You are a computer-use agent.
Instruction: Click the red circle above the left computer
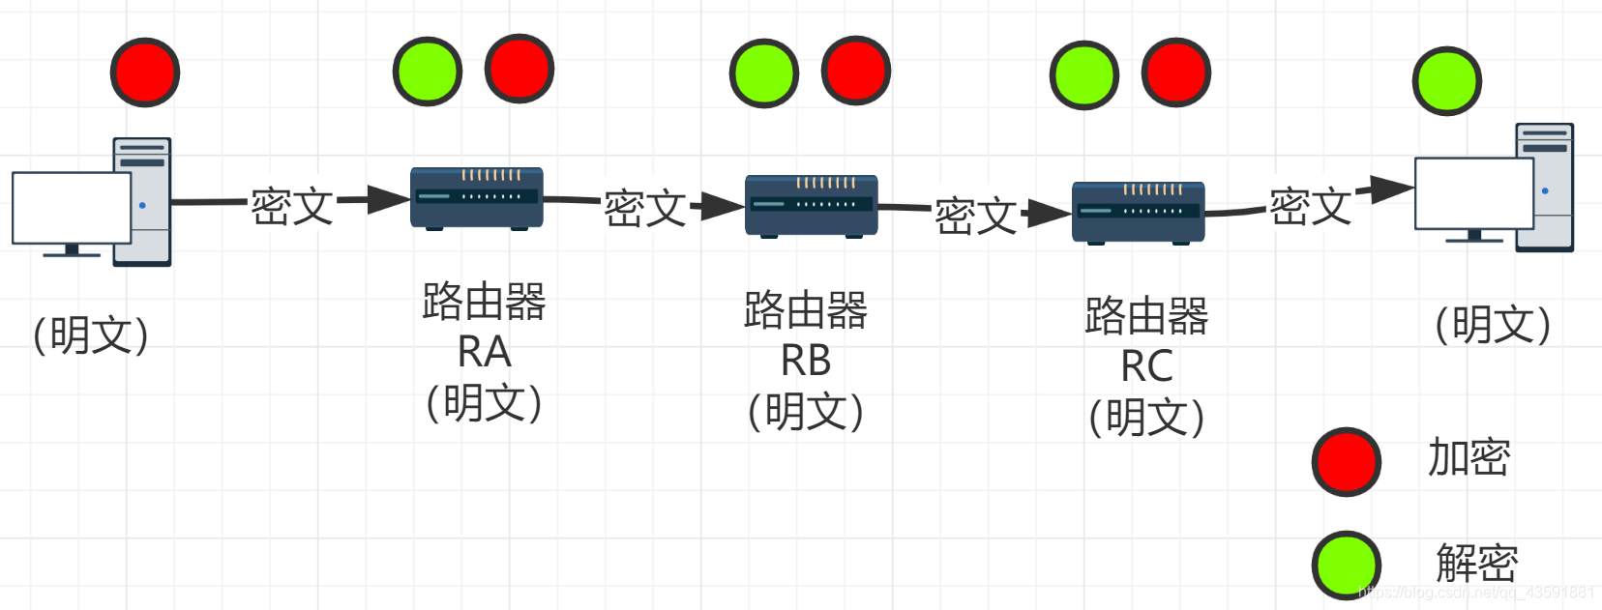click(145, 73)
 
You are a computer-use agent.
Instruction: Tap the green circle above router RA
click(427, 72)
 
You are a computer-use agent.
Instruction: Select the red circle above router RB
click(855, 71)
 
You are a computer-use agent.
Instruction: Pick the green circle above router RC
click(1083, 75)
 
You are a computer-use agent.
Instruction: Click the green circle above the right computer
click(1446, 81)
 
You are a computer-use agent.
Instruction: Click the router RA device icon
click(476, 198)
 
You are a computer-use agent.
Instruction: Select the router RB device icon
click(811, 206)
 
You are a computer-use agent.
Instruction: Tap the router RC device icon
click(1138, 213)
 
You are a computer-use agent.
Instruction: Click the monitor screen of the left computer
click(71, 208)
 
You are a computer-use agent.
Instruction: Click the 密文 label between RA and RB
click(644, 209)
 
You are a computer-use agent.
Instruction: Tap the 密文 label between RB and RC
click(975, 216)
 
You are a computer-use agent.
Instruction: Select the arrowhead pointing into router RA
click(389, 200)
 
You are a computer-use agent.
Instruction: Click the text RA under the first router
click(484, 352)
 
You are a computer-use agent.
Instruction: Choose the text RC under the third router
click(1146, 366)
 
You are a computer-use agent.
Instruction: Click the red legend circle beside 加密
click(1346, 462)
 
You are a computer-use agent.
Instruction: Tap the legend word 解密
click(1476, 563)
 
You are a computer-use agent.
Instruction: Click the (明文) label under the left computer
click(90, 335)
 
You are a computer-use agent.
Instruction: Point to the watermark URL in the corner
click(1476, 593)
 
